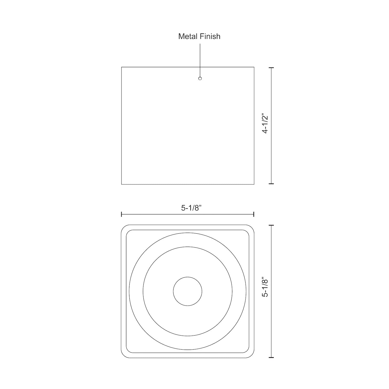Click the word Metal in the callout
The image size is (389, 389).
point(188,36)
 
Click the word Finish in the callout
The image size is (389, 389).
point(210,36)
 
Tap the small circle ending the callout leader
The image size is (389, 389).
point(200,78)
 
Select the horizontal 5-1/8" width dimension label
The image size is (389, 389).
point(191,208)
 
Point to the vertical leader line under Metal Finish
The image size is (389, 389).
point(200,60)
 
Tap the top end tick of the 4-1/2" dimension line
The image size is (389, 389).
point(271,67)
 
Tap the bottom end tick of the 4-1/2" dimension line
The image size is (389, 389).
point(271,184)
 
